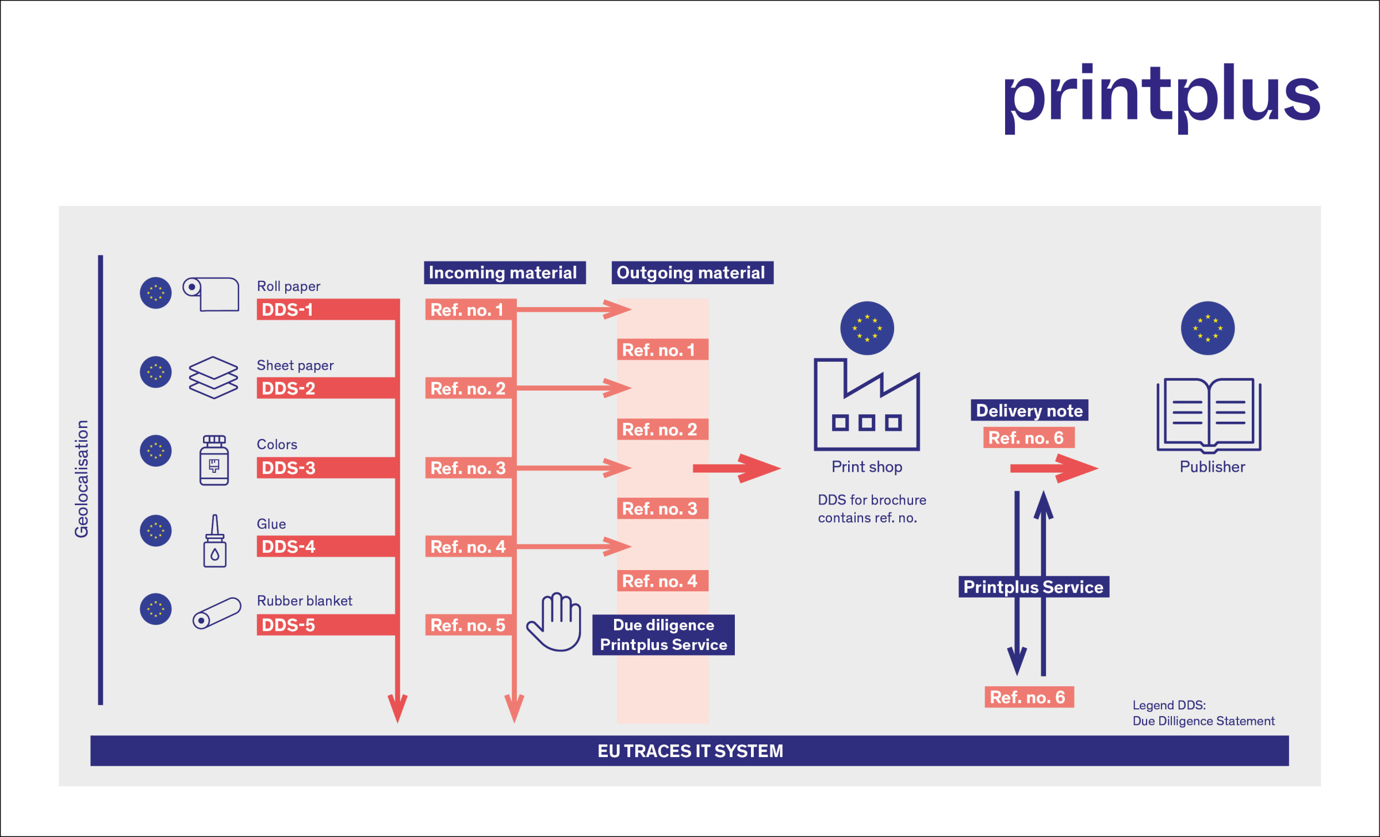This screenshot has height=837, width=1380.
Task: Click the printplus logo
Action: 1161,98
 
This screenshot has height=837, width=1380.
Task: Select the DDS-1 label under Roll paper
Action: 287,310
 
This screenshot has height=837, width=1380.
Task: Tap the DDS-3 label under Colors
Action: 288,468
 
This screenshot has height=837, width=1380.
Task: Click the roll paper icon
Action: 211,294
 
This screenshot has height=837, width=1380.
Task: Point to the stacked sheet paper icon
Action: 213,377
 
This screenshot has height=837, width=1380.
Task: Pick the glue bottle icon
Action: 214,541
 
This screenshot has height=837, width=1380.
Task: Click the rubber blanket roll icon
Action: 217,613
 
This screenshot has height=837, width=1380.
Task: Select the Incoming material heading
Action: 505,273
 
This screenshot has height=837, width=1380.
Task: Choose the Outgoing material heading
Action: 692,273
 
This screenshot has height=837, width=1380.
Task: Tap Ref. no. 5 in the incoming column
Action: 468,625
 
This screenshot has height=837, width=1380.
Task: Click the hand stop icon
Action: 554,622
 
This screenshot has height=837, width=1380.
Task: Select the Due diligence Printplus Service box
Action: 664,635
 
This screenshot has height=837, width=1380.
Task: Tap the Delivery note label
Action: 1029,410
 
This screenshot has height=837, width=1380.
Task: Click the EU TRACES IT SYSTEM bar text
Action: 690,751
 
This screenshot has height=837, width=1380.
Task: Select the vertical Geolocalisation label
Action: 82,479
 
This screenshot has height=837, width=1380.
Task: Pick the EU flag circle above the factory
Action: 867,328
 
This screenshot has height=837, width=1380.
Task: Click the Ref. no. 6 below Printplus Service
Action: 1029,697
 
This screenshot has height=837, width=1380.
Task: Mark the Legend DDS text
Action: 1203,713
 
